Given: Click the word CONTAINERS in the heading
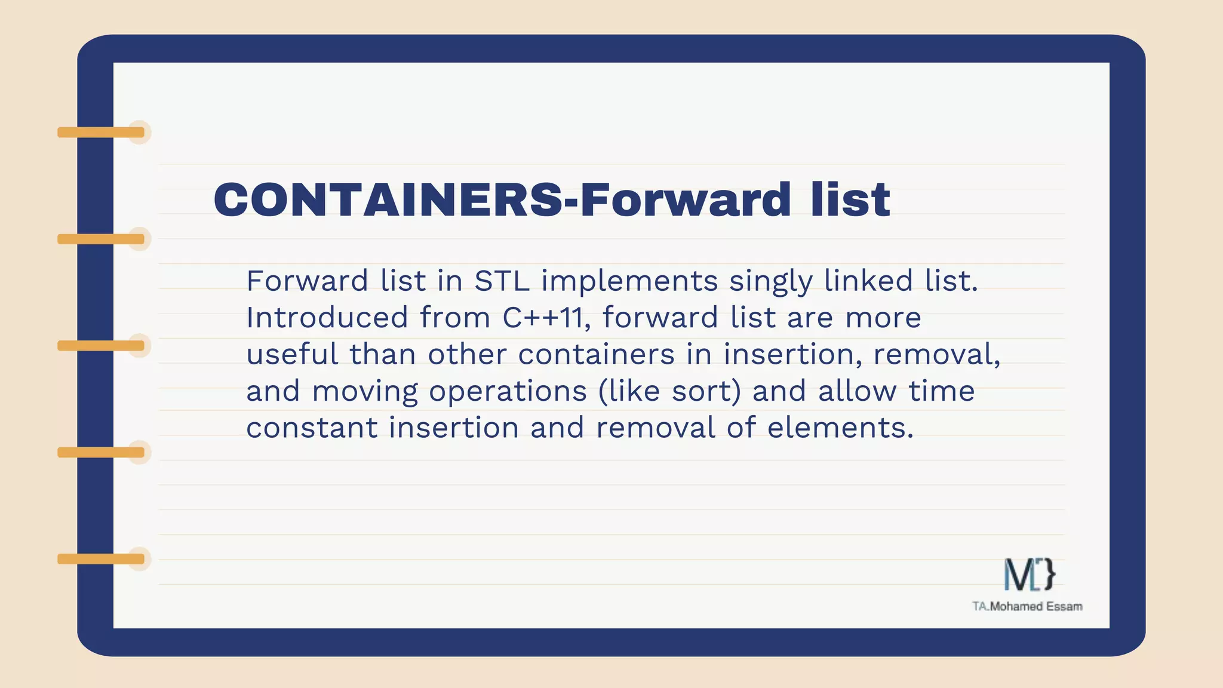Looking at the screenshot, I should [388, 199].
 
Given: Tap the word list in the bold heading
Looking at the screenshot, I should [850, 199].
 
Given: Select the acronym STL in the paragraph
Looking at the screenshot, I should [502, 281].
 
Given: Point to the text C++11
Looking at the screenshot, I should [542, 317].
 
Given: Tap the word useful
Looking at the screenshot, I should [293, 354].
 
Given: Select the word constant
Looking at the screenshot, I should [312, 428].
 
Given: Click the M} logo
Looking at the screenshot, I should [1029, 575].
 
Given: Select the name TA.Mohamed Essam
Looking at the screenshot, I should [1027, 607].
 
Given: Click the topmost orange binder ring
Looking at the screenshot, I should [102, 132].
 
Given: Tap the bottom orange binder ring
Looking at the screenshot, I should [102, 559].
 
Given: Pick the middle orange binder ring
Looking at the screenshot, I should [102, 346].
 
